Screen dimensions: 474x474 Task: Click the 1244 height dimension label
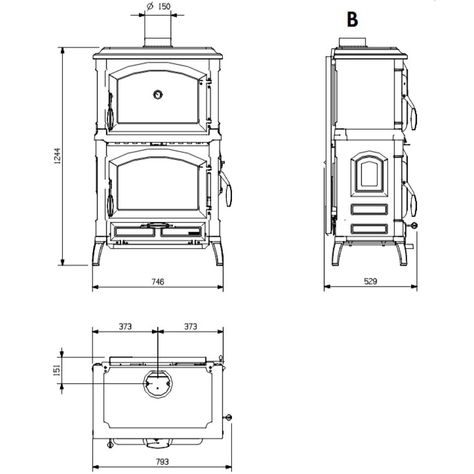click(57, 156)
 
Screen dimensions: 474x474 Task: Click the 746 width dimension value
click(158, 281)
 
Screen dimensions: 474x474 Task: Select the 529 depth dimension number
click(370, 281)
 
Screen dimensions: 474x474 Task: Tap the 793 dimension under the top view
click(162, 462)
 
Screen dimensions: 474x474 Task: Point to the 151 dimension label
click(57, 370)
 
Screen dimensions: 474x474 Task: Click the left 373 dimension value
click(125, 326)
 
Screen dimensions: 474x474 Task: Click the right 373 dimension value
click(190, 326)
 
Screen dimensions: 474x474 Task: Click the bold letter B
click(352, 20)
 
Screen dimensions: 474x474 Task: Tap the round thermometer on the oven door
click(158, 95)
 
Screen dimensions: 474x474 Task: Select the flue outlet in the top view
click(158, 384)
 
